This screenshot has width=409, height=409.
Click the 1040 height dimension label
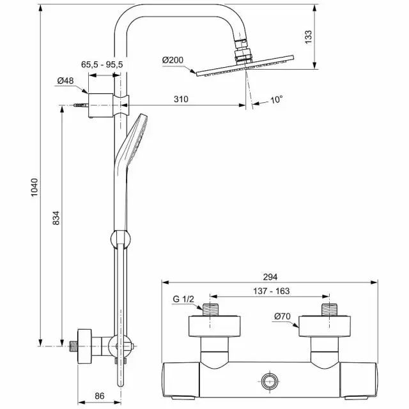tap(35, 187)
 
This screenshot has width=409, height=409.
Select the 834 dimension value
tap(56, 218)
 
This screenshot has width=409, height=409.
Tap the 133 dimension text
tap(308, 37)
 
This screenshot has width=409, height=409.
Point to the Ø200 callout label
tap(173, 60)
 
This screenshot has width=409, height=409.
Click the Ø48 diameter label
tap(65, 81)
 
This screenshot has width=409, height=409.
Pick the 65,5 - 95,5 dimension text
tap(102, 65)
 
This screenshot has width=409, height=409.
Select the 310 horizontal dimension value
tap(181, 99)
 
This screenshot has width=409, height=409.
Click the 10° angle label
tap(276, 100)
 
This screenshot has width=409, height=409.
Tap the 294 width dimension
tap(270, 277)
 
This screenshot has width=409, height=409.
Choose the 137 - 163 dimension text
tap(271, 291)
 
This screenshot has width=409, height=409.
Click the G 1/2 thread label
tap(183, 299)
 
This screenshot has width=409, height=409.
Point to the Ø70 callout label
tap(282, 316)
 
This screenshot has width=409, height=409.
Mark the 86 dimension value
tap(100, 396)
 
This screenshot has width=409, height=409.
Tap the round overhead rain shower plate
tap(245, 66)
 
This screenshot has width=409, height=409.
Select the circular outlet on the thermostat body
tap(270, 381)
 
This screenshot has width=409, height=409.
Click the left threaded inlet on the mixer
tap(210, 310)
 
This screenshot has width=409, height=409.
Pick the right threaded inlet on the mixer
tap(330, 310)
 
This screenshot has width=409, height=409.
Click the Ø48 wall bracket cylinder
tap(101, 105)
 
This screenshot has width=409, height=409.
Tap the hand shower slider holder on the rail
tap(121, 238)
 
